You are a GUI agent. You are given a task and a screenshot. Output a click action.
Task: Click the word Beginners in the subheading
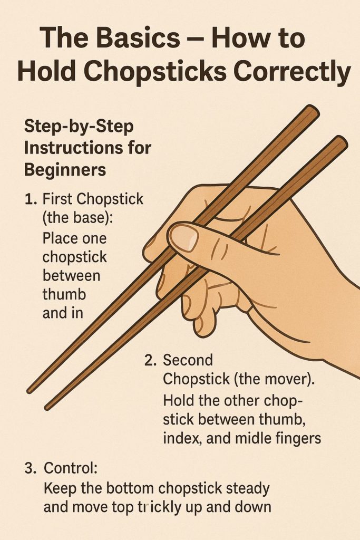(65, 170)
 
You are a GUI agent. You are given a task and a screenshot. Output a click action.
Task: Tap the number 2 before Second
(149, 361)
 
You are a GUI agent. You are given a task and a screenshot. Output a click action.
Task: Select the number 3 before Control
(30, 468)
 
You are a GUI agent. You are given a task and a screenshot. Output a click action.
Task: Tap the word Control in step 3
(69, 468)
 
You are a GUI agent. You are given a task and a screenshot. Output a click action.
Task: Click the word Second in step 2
(188, 361)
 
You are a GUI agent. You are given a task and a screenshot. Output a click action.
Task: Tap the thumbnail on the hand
(184, 237)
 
